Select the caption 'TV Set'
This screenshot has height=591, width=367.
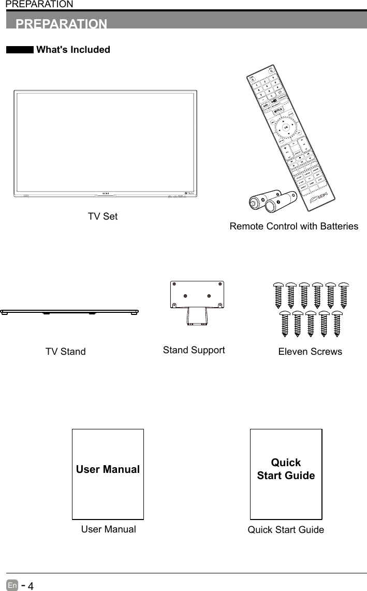click(x=102, y=217)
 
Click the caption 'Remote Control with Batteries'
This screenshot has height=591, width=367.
click(x=293, y=226)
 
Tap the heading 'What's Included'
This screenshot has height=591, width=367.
click(x=73, y=50)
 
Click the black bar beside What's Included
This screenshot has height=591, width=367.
click(x=20, y=50)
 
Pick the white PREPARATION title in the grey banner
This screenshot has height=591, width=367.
click(x=62, y=24)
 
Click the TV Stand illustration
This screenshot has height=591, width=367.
click(x=69, y=312)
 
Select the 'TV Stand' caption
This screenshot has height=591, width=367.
click(x=66, y=352)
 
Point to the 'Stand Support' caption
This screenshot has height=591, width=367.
click(x=194, y=350)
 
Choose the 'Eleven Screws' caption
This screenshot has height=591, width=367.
click(x=310, y=352)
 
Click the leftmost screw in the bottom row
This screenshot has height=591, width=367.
click(x=284, y=323)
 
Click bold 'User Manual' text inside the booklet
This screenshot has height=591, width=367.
click(x=108, y=469)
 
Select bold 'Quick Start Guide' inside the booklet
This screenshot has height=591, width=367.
click(x=286, y=469)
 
